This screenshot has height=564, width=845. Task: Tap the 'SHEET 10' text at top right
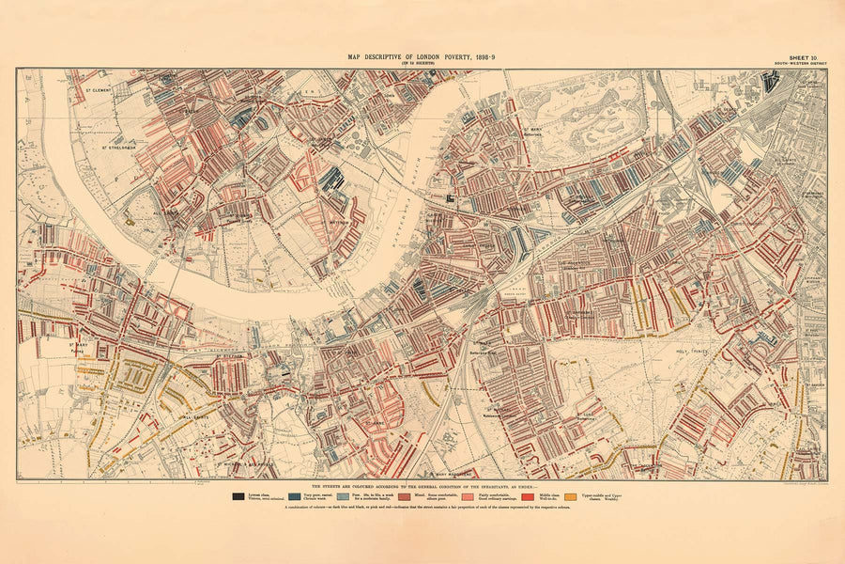[x=803, y=57]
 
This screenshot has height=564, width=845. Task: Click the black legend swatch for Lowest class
[x=238, y=496]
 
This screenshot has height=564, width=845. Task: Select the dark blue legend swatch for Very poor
[x=295, y=496]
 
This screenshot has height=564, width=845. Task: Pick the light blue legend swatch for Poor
[x=343, y=496]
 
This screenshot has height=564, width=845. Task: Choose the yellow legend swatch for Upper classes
[x=571, y=496]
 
